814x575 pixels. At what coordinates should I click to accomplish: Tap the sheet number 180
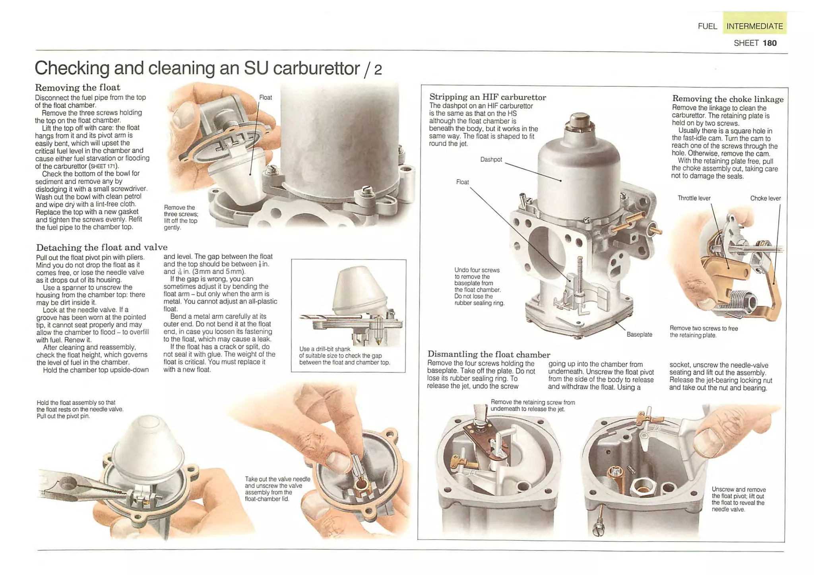tap(769, 43)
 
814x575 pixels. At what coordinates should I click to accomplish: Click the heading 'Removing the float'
tap(78, 87)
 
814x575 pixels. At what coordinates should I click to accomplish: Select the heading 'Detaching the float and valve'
tap(102, 247)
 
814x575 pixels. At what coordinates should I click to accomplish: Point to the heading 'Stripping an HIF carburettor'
tap(488, 97)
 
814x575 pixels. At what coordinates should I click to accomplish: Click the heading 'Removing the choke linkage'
tap(728, 99)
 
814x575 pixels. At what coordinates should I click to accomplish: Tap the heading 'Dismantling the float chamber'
tap(489, 354)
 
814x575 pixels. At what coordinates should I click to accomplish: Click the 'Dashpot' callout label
tap(491, 159)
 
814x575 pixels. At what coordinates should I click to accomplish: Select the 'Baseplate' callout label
tap(639, 335)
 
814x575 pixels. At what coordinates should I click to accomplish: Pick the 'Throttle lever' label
tap(694, 198)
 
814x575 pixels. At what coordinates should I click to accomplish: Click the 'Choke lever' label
tap(765, 198)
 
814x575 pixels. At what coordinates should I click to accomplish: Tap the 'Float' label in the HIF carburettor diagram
tap(462, 182)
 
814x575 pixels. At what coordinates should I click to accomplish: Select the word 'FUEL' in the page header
tap(707, 26)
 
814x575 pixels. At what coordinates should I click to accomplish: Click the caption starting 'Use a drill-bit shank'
tap(345, 356)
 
